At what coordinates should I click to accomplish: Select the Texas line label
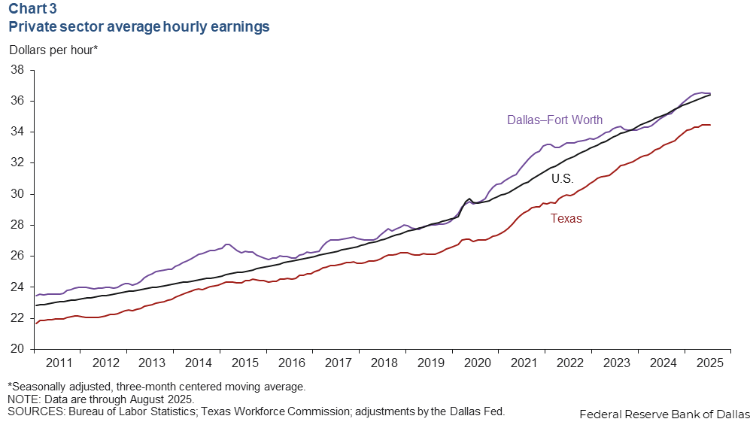click(566, 218)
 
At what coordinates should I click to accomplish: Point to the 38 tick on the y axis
click(18, 70)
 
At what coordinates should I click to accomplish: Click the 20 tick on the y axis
click(18, 349)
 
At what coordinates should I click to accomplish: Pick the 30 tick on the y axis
click(18, 194)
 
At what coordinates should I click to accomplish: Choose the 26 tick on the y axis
click(18, 257)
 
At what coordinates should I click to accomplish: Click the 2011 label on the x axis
click(59, 363)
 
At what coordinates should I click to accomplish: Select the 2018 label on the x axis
click(384, 363)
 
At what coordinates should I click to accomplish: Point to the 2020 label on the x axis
click(478, 363)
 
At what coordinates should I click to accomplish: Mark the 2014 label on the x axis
click(199, 363)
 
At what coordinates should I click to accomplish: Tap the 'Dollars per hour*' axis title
click(53, 50)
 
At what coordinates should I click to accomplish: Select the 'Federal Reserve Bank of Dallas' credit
click(664, 414)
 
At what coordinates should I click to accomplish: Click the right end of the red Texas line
click(709, 125)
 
